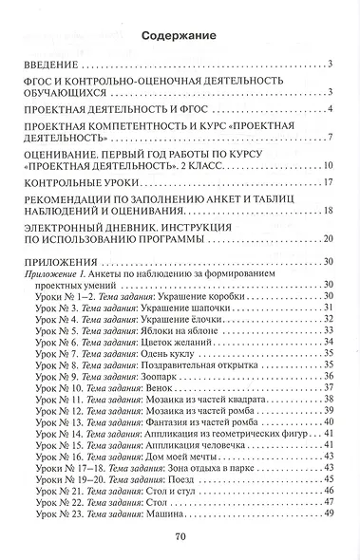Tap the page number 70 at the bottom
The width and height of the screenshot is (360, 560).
click(x=179, y=537)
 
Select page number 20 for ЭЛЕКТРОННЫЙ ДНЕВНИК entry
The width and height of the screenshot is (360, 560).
click(x=327, y=239)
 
